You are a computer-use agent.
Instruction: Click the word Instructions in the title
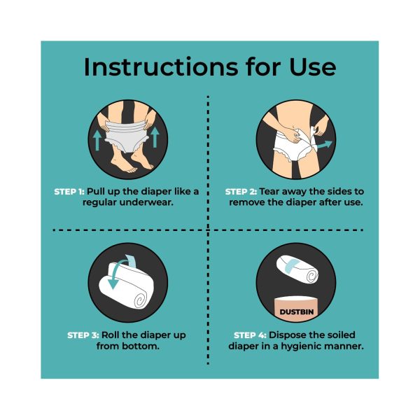[x=161, y=66]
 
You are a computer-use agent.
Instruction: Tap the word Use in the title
[x=313, y=66]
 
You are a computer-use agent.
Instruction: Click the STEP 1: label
[x=69, y=192]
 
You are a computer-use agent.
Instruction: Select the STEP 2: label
[x=241, y=192]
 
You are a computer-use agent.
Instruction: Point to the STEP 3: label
[x=83, y=335]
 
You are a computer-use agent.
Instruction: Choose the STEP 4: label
[x=250, y=335]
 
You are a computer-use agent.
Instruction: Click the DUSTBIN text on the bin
[x=296, y=311]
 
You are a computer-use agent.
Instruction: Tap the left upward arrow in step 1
[x=97, y=140]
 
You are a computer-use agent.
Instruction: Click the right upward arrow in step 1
[x=155, y=137]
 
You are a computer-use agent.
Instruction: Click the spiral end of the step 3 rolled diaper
[x=141, y=301]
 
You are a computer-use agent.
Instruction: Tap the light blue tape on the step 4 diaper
[x=293, y=265]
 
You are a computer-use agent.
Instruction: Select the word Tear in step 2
[x=269, y=192]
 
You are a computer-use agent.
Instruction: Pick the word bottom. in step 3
[x=141, y=346]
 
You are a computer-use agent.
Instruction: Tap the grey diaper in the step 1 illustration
[x=127, y=136]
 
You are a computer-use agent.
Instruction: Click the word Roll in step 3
[x=111, y=335]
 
